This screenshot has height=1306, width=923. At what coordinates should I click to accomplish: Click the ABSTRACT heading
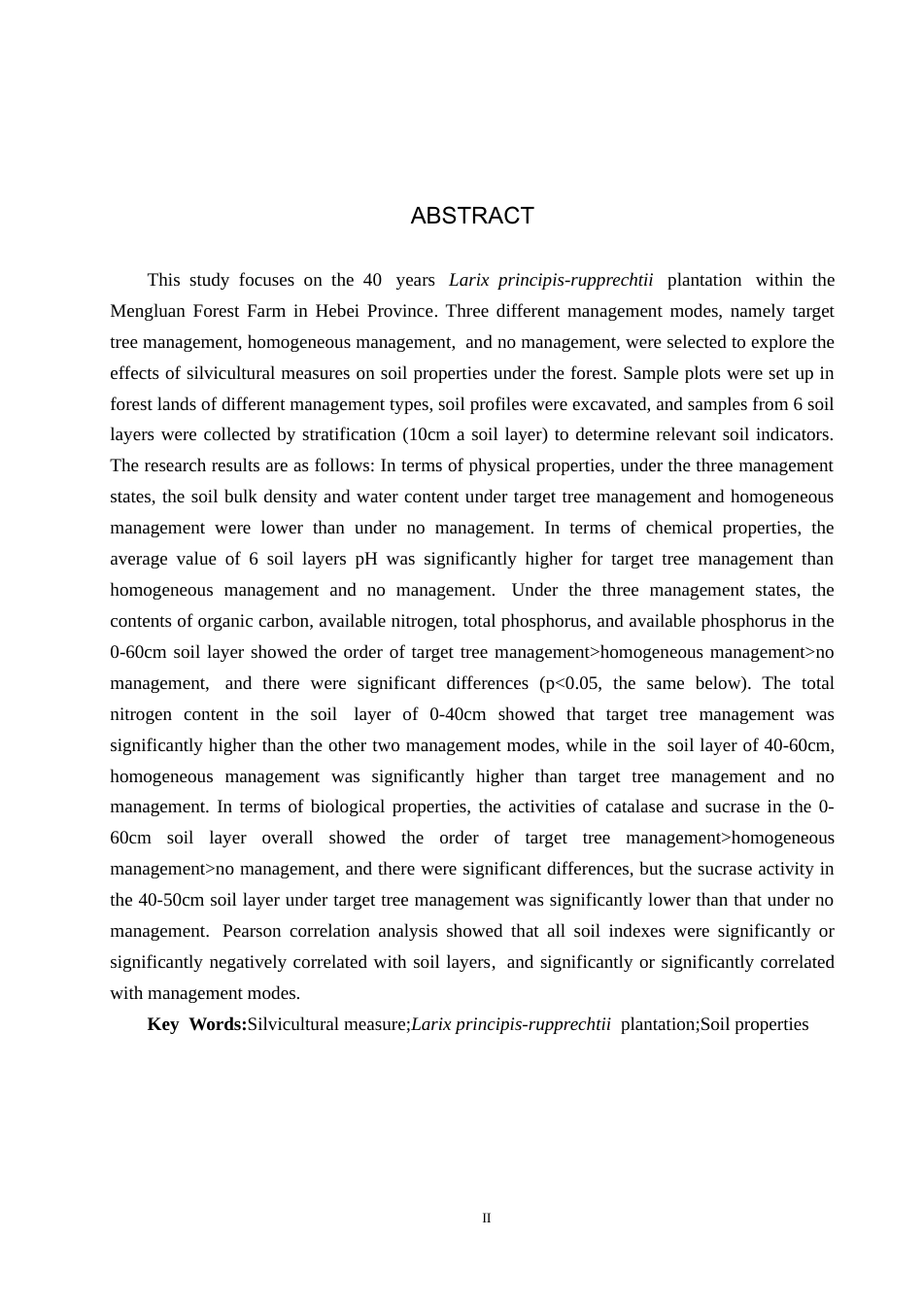click(472, 216)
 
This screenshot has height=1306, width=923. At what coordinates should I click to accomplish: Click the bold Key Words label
click(197, 1024)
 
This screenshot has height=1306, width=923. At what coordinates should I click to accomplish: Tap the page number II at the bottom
click(487, 1219)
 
